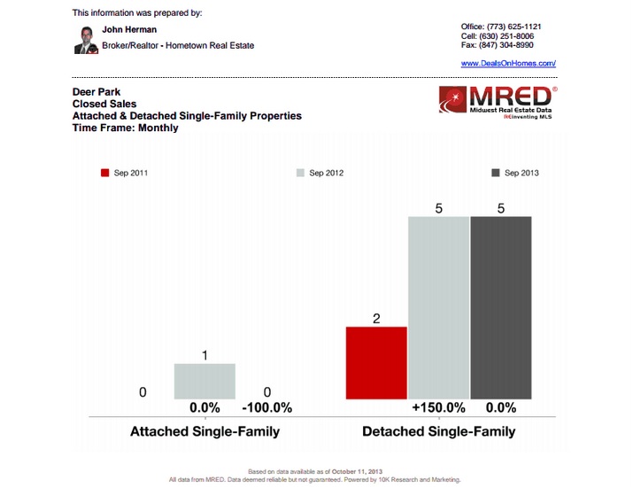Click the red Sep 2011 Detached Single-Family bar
(376, 362)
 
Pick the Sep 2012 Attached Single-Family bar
(205, 381)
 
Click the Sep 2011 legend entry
(125, 173)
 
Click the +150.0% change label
(438, 408)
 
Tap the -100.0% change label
(266, 408)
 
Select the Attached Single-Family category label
(205, 432)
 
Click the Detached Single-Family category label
(438, 432)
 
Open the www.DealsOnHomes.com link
(508, 64)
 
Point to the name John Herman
(129, 29)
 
